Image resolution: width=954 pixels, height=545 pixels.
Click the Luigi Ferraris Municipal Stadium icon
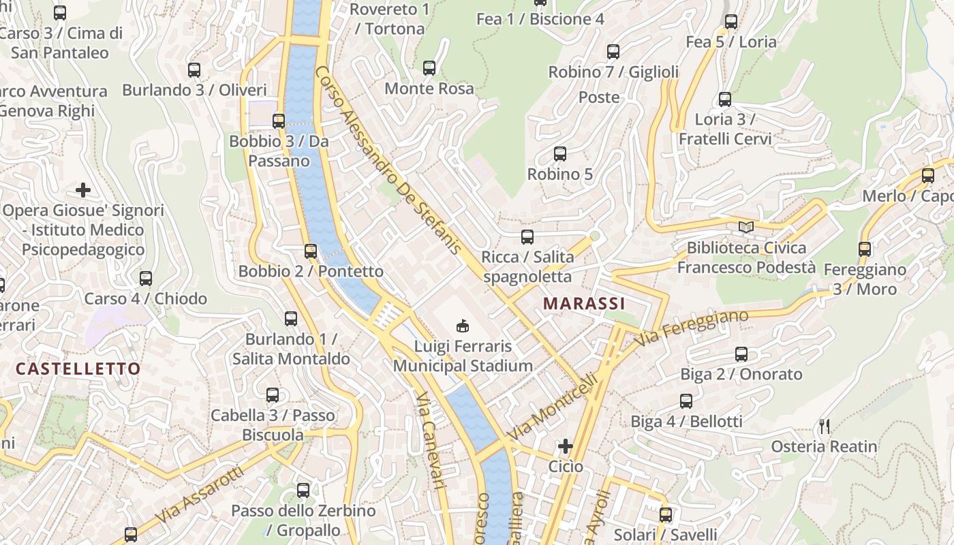(463, 326)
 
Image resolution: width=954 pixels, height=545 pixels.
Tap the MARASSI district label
(583, 303)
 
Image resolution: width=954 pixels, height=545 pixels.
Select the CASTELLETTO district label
(78, 369)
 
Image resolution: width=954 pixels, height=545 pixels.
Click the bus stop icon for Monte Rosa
(429, 68)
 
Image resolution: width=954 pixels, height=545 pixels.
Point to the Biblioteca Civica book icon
(746, 227)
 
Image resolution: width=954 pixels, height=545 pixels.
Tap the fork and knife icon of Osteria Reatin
(825, 426)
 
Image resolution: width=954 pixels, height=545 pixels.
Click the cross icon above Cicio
(566, 446)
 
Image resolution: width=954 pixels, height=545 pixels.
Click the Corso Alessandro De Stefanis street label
(389, 161)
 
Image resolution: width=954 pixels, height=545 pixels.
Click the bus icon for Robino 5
(560, 154)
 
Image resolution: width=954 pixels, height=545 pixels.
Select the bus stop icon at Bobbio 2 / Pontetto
(311, 251)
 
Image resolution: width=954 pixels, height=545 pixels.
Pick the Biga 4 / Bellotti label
(686, 422)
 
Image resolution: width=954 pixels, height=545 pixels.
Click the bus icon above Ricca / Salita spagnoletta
(527, 237)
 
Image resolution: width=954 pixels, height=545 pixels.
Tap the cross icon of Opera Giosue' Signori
(83, 190)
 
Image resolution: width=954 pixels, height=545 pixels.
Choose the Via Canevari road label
(431, 439)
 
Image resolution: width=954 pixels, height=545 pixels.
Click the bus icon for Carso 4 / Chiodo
(146, 278)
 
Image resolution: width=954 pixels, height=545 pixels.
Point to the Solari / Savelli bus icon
(666, 515)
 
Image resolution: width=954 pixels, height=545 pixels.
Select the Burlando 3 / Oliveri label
(194, 90)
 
